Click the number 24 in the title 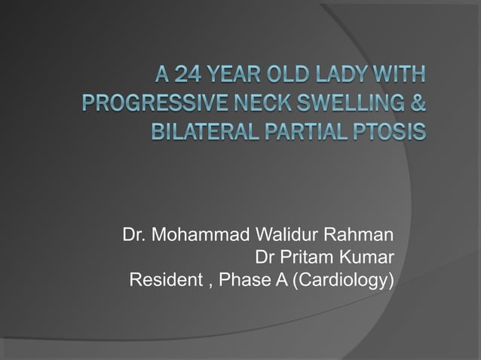tap(188, 75)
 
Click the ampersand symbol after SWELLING tap(418, 104)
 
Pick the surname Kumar tap(369, 258)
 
